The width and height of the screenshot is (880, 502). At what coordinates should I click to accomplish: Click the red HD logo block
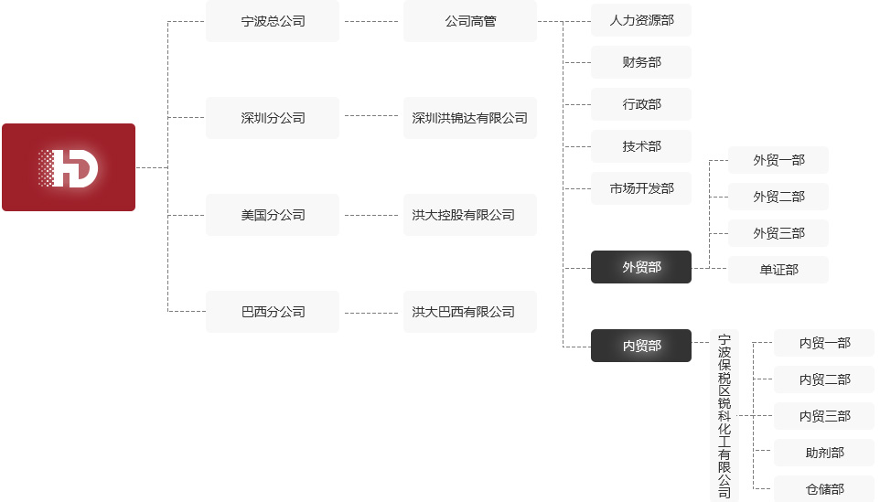point(69,167)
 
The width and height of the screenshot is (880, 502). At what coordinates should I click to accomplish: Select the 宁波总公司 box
point(273,21)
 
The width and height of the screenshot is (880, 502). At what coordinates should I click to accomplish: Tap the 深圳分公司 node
point(273,118)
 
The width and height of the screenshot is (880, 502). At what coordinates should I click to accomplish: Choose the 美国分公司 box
point(273,215)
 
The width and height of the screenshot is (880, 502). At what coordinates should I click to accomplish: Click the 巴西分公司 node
point(273,312)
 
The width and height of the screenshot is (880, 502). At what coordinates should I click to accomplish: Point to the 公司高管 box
point(470,21)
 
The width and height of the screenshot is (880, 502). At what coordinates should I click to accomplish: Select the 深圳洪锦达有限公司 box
point(470,118)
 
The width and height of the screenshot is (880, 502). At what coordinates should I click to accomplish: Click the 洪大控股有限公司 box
point(470,215)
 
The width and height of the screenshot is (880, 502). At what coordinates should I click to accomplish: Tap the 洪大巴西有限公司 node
point(470,312)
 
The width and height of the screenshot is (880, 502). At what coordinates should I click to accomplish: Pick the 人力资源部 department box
point(641,20)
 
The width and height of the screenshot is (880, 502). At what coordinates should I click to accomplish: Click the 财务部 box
point(641,62)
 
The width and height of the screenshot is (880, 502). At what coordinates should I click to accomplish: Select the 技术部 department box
point(641,146)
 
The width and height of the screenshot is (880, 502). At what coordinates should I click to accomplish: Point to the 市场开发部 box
point(641,188)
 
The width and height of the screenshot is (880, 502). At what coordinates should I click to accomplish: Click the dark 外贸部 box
point(641,267)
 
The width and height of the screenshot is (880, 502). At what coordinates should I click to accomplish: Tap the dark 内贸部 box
point(641,346)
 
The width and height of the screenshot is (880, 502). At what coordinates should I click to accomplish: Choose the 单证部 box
point(778,270)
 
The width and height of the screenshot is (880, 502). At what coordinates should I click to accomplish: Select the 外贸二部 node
point(778,197)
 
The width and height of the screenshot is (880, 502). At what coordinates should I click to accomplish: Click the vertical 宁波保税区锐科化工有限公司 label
point(724,416)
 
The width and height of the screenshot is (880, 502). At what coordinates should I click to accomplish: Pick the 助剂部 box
point(824,453)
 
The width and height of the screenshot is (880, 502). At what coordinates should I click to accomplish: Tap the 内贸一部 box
point(824,343)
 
